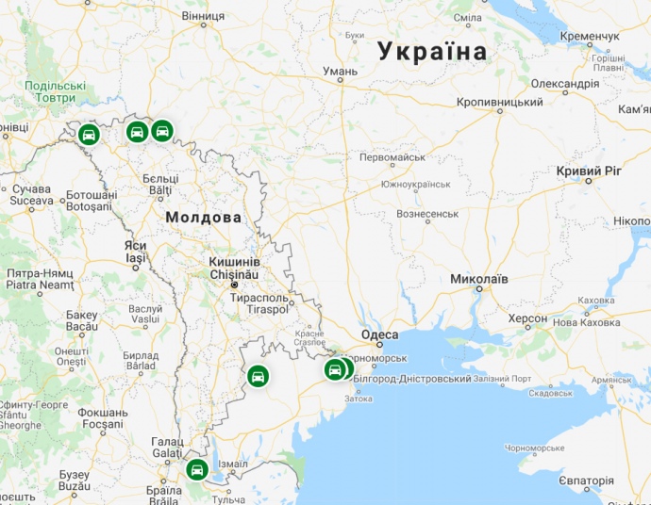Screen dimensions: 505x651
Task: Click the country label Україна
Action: pyautogui.click(x=433, y=52)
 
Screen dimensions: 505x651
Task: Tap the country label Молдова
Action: pyautogui.click(x=203, y=218)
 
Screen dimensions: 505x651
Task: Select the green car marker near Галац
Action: pyautogui.click(x=196, y=469)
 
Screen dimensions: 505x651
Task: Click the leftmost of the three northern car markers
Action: pyautogui.click(x=88, y=134)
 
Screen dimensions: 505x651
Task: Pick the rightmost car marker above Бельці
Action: pyautogui.click(x=161, y=130)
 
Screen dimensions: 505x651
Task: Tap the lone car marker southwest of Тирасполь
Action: pyautogui.click(x=257, y=377)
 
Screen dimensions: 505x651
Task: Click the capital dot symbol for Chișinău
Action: pyautogui.click(x=235, y=284)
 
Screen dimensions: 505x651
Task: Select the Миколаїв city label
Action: pyautogui.click(x=479, y=280)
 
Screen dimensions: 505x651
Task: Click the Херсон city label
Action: pyautogui.click(x=527, y=318)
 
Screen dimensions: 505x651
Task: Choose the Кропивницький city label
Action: pyautogui.click(x=499, y=102)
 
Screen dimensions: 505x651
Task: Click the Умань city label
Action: pyautogui.click(x=340, y=71)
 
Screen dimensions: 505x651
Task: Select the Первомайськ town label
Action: pyautogui.click(x=392, y=157)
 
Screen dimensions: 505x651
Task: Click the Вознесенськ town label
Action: pyautogui.click(x=427, y=214)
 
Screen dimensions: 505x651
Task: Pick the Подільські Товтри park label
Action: pyautogui.click(x=55, y=91)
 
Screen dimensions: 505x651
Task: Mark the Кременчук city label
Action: pyautogui.click(x=589, y=36)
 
